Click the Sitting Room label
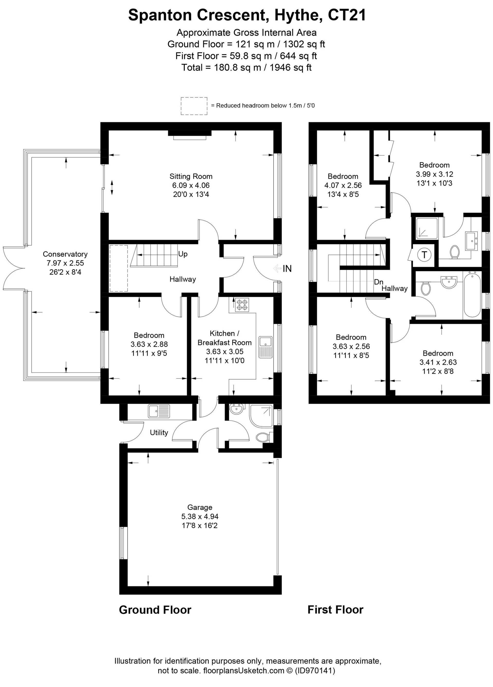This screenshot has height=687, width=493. tap(191, 176)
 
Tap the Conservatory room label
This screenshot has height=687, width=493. tap(65, 254)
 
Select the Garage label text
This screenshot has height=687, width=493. tap(200, 507)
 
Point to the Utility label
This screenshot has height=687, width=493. tap(159, 433)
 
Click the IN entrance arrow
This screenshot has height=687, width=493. tap(277, 268)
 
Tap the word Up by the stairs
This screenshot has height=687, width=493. tap(183, 254)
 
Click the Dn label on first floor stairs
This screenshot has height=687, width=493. tap(379, 282)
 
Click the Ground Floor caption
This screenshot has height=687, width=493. tap(155, 610)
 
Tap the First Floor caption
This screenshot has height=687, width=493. tap(335, 610)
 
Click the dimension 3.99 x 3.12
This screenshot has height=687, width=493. tap(435, 174)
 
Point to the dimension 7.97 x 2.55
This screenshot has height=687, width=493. tap(65, 263)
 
